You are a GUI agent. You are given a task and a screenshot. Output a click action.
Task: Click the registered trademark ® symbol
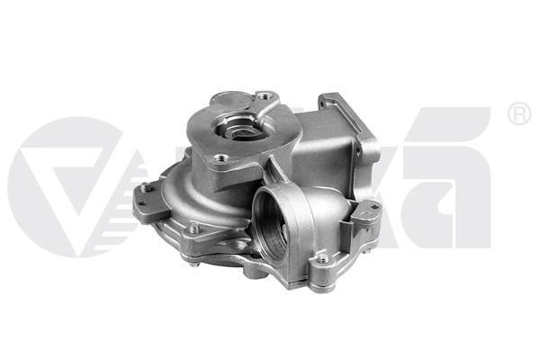[518, 114]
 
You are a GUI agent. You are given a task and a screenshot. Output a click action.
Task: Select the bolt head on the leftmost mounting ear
[143, 189]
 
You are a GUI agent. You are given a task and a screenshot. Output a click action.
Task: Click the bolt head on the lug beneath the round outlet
[322, 261]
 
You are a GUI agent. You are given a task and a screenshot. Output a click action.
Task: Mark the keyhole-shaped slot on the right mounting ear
[366, 212]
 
